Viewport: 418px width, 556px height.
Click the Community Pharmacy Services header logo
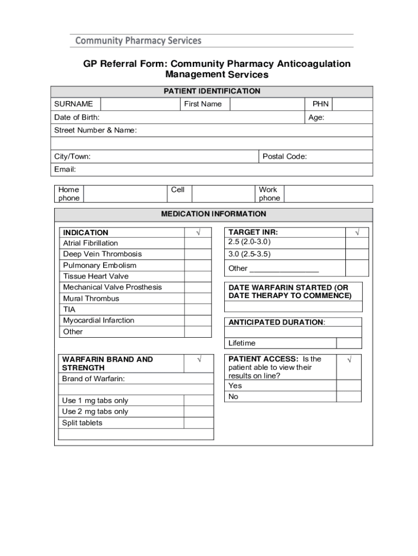click(138, 41)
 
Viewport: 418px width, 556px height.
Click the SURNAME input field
click(140, 104)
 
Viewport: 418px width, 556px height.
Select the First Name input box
click(267, 104)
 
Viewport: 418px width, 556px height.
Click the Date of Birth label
click(77, 117)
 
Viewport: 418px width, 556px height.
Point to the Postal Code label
click(284, 157)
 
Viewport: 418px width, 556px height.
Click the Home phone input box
click(124, 194)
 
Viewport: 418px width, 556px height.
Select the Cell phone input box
click(223, 194)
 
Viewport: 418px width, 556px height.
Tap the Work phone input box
click(328, 194)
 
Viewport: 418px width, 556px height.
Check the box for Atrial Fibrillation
click(198, 243)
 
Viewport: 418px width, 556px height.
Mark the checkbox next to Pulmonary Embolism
click(198, 266)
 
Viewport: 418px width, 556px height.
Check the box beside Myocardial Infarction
click(198, 320)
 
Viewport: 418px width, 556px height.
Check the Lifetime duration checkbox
click(349, 343)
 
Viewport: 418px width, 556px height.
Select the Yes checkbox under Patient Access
click(349, 386)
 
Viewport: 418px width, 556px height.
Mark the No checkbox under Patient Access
click(349, 397)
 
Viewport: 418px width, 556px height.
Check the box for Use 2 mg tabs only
click(198, 412)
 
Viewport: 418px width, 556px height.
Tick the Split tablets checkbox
click(198, 423)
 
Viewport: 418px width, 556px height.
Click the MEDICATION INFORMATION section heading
click(213, 214)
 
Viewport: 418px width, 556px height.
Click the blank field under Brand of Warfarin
click(136, 389)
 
